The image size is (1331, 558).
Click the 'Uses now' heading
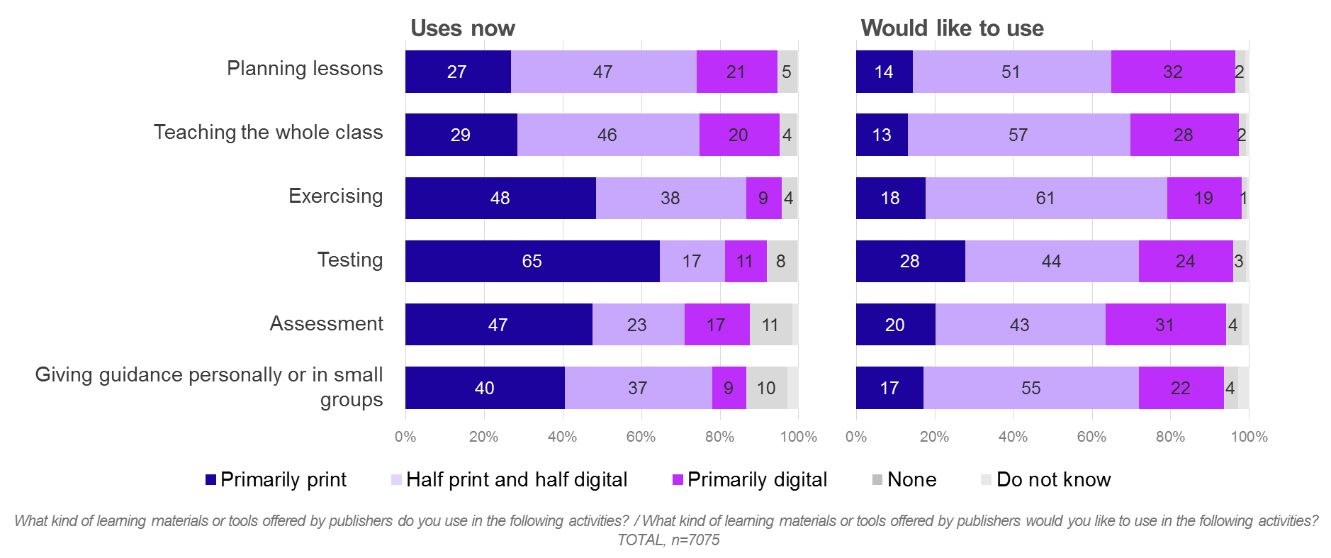point(463,28)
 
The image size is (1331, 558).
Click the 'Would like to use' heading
point(952,28)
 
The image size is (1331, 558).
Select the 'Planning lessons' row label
point(305,68)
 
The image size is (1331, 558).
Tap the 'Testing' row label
point(350,260)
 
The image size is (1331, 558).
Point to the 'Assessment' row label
point(326,323)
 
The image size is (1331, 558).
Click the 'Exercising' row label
point(336,196)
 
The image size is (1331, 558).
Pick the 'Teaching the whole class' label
point(268,132)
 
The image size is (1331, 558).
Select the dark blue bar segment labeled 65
point(532,261)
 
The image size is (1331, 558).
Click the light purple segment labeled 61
point(1045,198)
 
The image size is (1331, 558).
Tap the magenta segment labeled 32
point(1172,72)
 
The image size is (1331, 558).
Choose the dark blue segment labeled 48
point(500,198)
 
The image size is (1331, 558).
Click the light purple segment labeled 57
point(1018,135)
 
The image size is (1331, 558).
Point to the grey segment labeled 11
point(770,325)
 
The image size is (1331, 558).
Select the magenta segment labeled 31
point(1164,325)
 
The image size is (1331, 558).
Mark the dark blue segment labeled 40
point(484,388)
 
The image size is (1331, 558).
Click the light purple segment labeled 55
point(1030,388)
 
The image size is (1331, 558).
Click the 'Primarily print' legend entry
point(276,480)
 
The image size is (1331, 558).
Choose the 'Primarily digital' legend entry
point(750,480)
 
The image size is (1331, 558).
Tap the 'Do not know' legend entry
point(1046,480)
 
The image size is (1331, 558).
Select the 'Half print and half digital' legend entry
point(510,480)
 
